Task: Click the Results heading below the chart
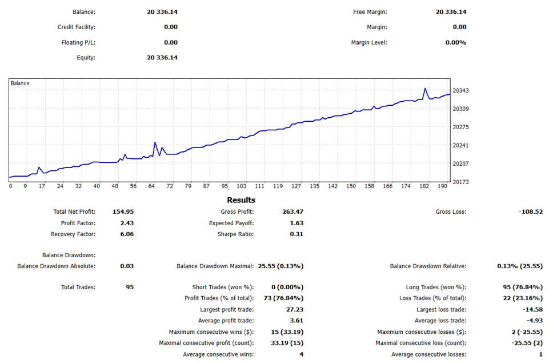pos(241,200)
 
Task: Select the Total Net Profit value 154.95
pos(123,212)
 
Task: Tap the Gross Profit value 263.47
pos(292,212)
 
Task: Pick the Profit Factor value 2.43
pos(127,223)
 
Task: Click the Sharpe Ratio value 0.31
pos(296,234)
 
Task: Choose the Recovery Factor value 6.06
pos(127,234)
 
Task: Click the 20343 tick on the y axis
pos(460,91)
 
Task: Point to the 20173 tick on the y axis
pos(460,182)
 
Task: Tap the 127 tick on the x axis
pos(296,186)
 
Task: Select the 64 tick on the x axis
pos(151,186)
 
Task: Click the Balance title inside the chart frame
pos(20,83)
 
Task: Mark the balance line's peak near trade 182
pos(424,89)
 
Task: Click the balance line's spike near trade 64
pos(155,143)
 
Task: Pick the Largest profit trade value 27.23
pos(294,309)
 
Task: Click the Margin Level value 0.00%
pos(455,42)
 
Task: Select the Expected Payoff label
pos(231,223)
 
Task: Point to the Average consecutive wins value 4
pos(301,354)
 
